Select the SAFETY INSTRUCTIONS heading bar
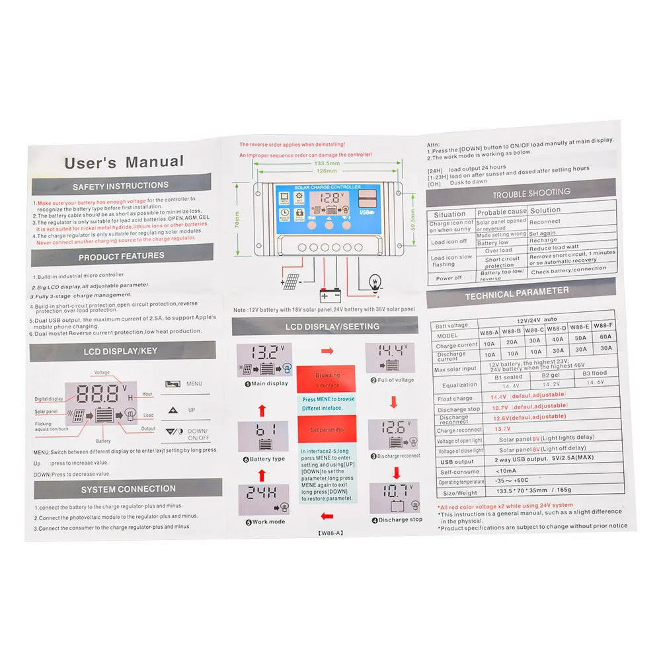[x=121, y=186]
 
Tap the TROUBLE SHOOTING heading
[x=531, y=193]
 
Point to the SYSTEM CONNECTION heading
[x=128, y=489]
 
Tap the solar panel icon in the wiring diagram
[x=290, y=282]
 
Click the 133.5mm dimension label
[x=327, y=163]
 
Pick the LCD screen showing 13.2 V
[x=264, y=360]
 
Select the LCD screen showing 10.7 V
[x=394, y=498]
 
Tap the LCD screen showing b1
[x=262, y=436]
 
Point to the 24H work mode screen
[x=262, y=500]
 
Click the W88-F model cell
[x=603, y=326]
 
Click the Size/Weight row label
[x=459, y=492]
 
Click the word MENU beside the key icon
[x=194, y=383]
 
